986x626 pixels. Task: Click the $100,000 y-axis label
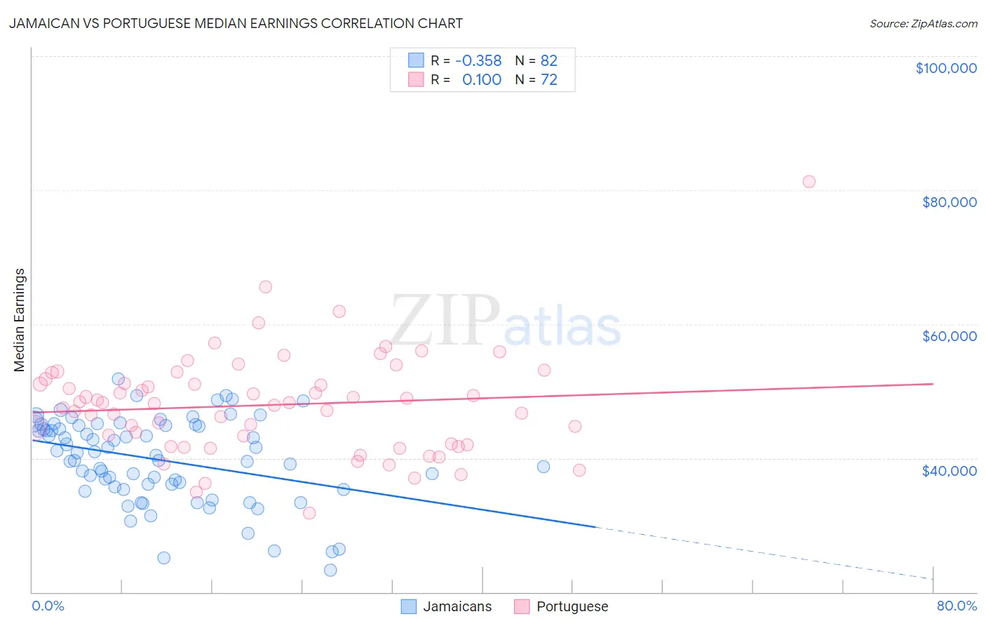(945, 68)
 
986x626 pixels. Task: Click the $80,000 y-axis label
(949, 202)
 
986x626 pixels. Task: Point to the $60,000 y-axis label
(949, 336)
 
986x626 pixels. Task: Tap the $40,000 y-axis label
(949, 470)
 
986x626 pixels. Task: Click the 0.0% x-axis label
(48, 606)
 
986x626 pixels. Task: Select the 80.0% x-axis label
(957, 606)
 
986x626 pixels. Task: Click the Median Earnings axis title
(20, 320)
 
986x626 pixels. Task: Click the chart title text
(236, 23)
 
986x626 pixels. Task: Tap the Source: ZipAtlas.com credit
(923, 23)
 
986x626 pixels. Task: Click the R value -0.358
(478, 61)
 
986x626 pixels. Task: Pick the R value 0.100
(482, 80)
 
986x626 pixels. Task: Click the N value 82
(548, 61)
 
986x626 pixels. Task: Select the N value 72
(548, 80)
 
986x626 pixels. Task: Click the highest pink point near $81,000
(809, 182)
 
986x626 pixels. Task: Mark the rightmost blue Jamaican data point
(543, 467)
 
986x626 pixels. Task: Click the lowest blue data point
(330, 570)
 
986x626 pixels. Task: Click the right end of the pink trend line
(933, 384)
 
